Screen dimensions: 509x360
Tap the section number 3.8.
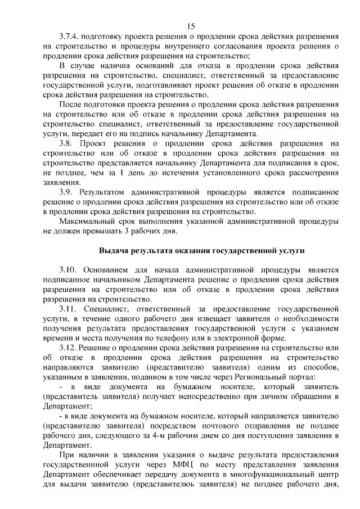click(66, 143)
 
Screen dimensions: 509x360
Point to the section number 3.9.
click(66, 192)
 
